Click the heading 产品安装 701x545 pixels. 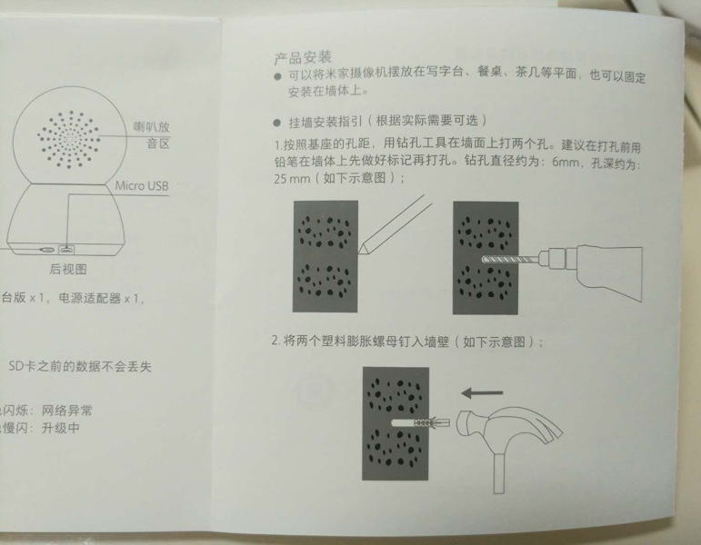point(303,58)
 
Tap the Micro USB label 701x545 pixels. point(142,186)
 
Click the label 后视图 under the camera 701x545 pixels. point(68,269)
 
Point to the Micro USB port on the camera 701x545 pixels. point(67,249)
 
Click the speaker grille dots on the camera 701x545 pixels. point(69,139)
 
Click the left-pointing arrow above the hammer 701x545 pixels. point(482,393)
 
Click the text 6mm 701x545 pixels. point(566,162)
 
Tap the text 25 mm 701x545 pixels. point(292,179)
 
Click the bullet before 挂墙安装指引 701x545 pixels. point(277,123)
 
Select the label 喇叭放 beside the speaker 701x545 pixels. point(152,127)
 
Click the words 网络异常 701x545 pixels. point(67,410)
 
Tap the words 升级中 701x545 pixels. point(61,428)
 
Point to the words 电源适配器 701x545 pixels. point(89,298)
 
